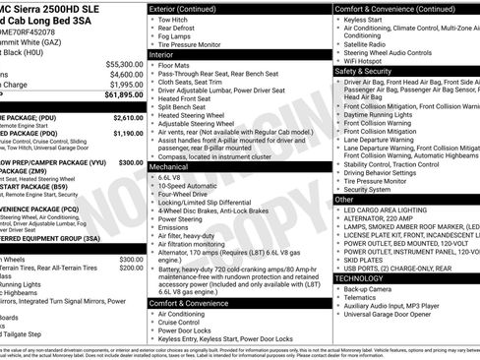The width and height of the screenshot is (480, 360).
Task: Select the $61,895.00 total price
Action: tap(122, 95)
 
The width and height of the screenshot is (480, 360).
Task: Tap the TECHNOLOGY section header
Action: tap(360, 279)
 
